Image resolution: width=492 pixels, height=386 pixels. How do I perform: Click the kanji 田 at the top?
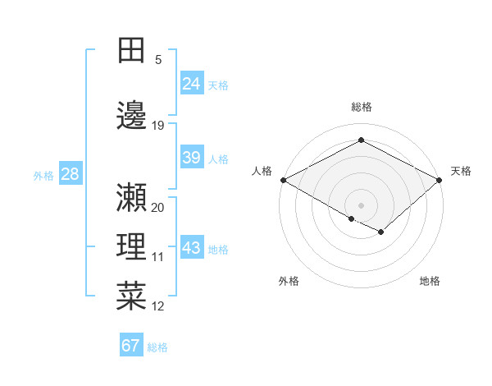tap(132, 50)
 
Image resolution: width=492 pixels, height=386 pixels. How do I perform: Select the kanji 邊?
tap(132, 115)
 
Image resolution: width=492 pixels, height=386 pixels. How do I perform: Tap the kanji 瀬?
tap(132, 197)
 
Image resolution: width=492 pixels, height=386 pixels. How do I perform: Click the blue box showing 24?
tap(192, 83)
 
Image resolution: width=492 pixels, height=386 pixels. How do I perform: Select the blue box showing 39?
tap(192, 158)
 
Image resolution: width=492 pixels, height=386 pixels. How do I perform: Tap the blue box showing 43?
tap(192, 248)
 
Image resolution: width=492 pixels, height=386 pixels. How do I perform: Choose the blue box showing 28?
tap(69, 174)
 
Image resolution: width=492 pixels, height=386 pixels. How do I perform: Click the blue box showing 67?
tap(131, 346)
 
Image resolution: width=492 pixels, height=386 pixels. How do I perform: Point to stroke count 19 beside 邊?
tap(158, 126)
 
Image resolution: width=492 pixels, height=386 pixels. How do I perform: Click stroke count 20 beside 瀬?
tap(158, 208)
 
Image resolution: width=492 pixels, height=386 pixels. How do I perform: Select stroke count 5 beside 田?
tap(158, 60)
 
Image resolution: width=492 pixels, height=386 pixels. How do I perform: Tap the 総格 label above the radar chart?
tap(361, 107)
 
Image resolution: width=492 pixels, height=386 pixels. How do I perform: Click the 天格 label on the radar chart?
tap(461, 171)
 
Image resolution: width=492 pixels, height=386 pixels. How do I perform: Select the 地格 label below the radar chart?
tap(430, 281)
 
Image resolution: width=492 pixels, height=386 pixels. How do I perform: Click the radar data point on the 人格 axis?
tap(283, 179)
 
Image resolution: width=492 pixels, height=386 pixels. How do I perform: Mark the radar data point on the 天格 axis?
tap(440, 179)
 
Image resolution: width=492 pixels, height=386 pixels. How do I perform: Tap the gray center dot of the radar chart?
tap(361, 204)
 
